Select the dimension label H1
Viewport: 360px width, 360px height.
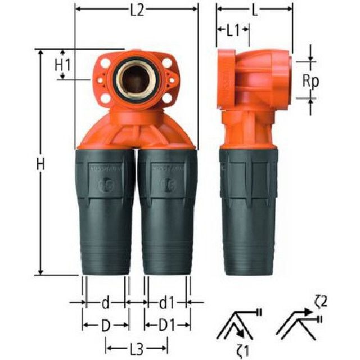click(62, 65)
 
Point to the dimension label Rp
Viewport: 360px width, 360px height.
click(310, 80)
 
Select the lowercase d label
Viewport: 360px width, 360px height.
click(106, 303)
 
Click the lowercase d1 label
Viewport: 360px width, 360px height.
click(166, 303)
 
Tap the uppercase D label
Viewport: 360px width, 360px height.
click(106, 325)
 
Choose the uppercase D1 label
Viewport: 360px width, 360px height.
click(166, 325)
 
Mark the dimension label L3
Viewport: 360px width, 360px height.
click(136, 347)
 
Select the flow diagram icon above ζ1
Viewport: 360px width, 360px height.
click(239, 321)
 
